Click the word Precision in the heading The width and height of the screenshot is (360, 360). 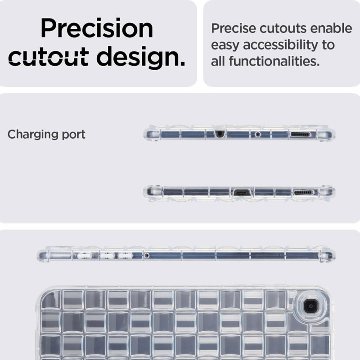point(97,28)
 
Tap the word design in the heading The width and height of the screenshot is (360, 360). point(141,57)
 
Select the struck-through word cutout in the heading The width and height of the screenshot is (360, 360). point(49,57)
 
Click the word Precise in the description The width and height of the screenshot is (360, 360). point(234,28)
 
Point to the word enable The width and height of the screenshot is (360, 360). point(331,28)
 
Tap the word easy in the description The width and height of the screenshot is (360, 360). point(225,46)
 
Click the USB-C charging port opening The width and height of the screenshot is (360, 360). point(242,193)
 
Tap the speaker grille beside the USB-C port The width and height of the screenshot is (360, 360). point(303,193)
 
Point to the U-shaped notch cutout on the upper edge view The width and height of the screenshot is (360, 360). point(220,134)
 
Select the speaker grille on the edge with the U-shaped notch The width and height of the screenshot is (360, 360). point(301,134)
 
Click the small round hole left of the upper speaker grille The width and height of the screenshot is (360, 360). point(258,134)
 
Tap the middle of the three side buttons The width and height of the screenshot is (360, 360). point(107,255)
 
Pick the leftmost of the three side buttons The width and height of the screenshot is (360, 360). point(85,255)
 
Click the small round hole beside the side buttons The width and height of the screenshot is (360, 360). point(147,255)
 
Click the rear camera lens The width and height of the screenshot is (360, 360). point(310,306)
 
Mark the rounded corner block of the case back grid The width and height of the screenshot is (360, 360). point(51,300)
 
